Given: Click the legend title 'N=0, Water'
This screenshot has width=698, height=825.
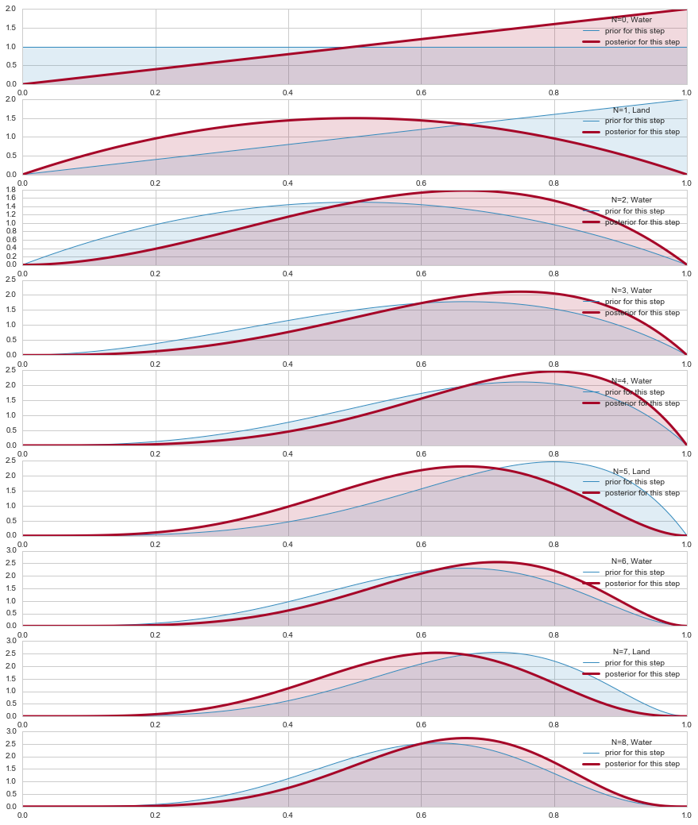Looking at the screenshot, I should coord(631,19).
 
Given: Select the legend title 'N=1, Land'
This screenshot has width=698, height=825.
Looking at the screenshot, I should coord(631,110).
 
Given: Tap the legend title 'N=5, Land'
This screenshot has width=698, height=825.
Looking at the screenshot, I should coord(631,471).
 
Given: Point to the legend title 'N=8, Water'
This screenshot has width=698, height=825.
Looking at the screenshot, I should coord(631,742).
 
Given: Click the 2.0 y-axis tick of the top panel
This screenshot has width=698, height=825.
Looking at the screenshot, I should coord(11,10).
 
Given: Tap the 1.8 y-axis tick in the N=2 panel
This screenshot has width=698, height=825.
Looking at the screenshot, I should coord(11,190).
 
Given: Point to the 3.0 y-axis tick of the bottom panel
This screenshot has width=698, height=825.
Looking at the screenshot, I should coord(11,731).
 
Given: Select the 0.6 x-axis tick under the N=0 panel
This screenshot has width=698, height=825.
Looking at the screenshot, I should coord(421,91).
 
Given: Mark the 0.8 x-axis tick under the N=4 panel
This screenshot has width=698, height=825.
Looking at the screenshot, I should coord(553,453).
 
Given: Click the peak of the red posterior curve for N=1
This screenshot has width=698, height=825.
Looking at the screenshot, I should coord(354,118).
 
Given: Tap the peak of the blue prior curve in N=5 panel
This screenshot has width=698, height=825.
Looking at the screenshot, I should coord(553,461).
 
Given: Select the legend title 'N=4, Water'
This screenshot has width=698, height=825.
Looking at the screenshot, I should coord(631,381).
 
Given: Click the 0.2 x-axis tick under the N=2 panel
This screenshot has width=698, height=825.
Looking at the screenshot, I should coord(155,272).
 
